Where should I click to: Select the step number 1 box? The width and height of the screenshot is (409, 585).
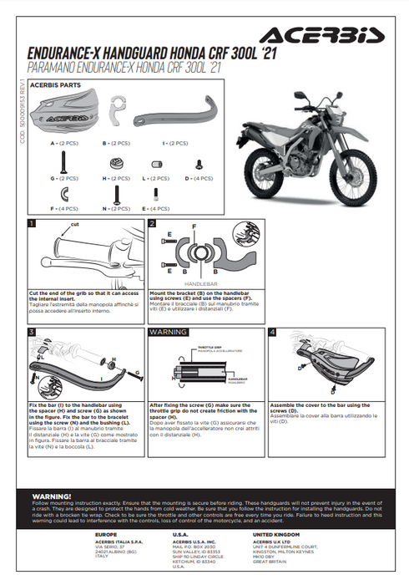(x=32, y=223)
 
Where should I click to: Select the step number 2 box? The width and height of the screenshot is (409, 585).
(x=152, y=223)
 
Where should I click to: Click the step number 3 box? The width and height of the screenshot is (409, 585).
(x=32, y=332)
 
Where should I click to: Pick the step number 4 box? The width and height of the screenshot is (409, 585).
(x=272, y=332)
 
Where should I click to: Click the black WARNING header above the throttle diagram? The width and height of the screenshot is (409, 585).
(x=168, y=332)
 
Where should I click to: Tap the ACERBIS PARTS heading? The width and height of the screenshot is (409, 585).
(x=56, y=85)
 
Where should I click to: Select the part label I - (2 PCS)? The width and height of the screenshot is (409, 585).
(x=174, y=144)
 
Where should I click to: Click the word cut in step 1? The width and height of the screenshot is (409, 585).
(x=75, y=225)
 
